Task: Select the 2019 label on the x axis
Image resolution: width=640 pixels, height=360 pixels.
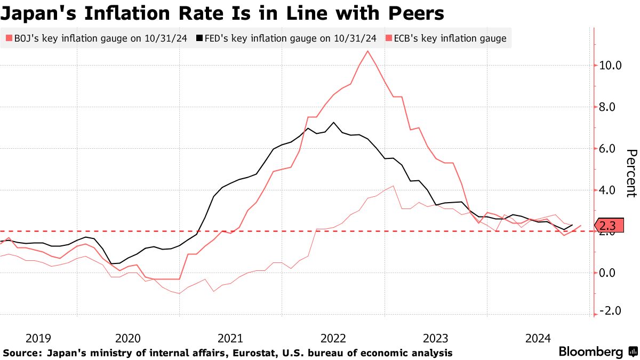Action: (x=38, y=338)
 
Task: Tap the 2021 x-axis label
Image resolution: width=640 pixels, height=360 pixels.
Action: (x=230, y=338)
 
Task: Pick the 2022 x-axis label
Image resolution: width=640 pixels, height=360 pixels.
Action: (x=333, y=338)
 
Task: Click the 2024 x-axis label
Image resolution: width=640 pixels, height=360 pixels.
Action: (x=538, y=338)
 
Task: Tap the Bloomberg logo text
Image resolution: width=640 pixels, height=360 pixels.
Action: (x=590, y=352)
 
